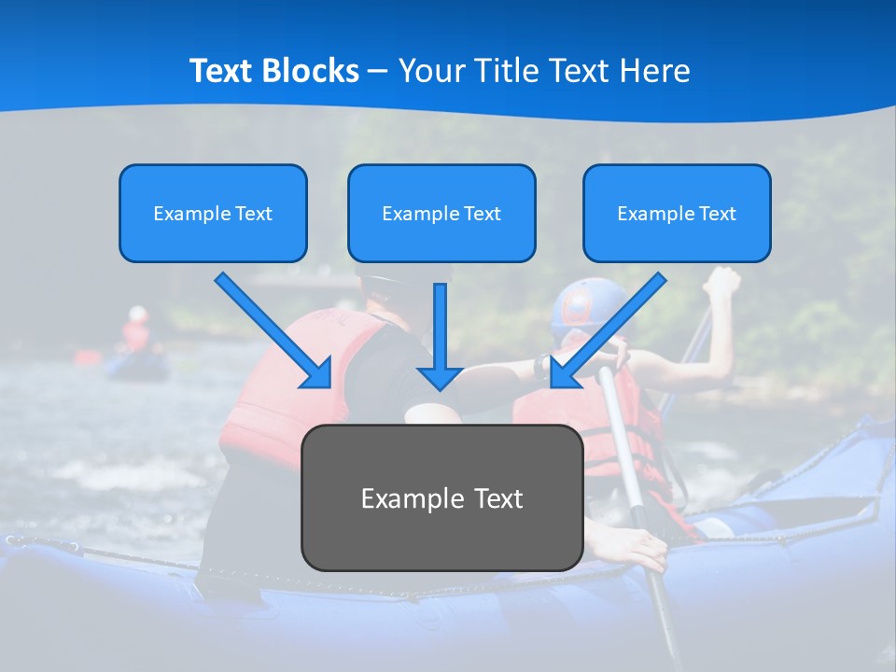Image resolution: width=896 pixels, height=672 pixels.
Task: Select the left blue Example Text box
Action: coord(213,213)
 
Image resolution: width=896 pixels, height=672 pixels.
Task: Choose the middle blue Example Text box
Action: coord(441,213)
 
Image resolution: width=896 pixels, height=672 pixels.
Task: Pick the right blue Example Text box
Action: coord(677,213)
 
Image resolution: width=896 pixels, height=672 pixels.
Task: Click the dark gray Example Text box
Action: coord(441,497)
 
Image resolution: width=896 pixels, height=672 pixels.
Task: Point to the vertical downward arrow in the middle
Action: coord(440,336)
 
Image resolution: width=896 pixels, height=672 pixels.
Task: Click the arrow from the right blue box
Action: coord(607,331)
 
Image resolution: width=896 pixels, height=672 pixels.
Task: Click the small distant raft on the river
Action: coord(137,366)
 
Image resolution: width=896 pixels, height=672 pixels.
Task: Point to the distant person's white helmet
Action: coord(138,314)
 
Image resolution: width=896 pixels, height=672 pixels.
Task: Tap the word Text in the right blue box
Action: coord(717,213)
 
